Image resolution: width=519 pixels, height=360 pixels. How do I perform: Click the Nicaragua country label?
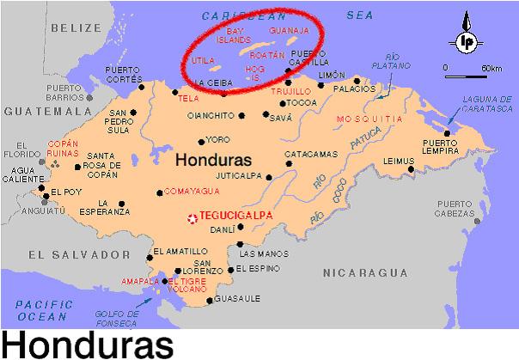[x=365, y=272]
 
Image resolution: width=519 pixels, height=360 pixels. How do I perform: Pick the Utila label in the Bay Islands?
[x=202, y=62]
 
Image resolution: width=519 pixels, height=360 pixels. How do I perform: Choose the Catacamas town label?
[x=311, y=156]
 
